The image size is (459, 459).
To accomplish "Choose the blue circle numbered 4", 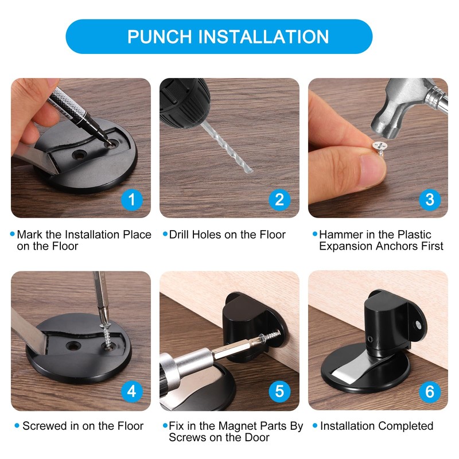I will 132,391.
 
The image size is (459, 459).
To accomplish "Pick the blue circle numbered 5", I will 279,391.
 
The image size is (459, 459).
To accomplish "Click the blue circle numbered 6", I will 429,391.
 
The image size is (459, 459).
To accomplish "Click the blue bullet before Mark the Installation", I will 13,234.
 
